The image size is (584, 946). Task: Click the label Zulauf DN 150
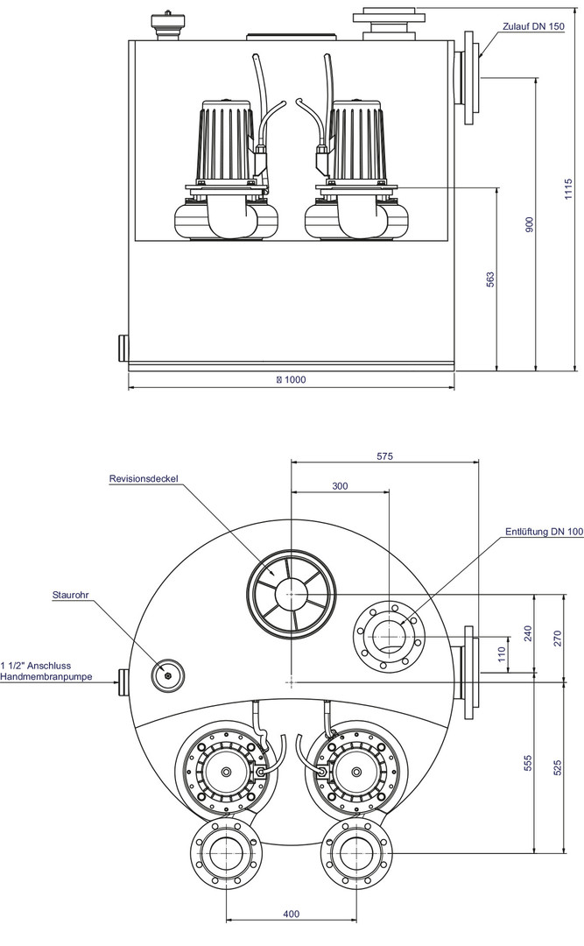point(533,26)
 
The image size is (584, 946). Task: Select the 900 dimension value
point(530,223)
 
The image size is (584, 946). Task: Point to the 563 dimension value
point(490,279)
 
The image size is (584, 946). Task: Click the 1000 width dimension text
point(293,380)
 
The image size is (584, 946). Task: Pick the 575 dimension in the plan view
point(385,456)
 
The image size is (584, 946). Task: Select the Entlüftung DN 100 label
point(544,532)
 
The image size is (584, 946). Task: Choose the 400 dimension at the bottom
point(292,914)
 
